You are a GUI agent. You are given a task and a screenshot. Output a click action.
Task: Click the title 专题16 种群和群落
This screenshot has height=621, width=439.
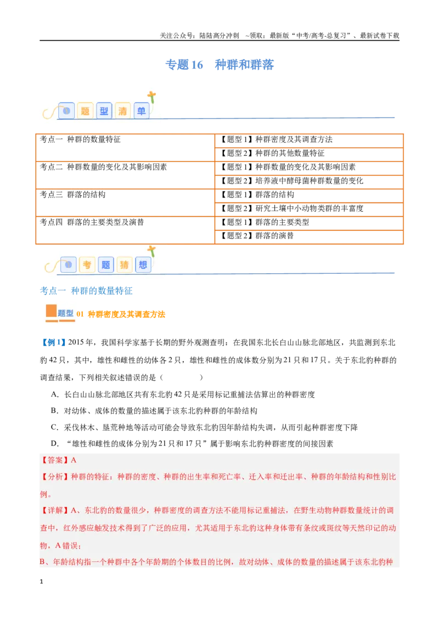pos(219,65)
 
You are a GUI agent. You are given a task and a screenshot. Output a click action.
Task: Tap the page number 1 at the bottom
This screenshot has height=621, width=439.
pos(41,582)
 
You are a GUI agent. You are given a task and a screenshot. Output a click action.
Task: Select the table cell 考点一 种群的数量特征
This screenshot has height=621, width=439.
pos(125,148)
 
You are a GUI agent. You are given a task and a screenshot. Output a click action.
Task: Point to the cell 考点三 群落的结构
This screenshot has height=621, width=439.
pos(125,202)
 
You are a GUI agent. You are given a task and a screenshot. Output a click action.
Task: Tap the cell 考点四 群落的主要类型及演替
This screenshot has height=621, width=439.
pos(125,230)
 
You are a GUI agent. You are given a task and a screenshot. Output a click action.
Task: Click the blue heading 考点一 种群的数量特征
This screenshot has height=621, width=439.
pos(86,291)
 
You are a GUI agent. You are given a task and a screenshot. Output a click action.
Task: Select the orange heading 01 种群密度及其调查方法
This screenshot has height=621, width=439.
pos(121,314)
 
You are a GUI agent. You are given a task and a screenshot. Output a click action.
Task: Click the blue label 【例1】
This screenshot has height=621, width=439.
pos(53,342)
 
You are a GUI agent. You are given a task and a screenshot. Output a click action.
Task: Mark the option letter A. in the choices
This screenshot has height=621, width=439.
pos(55,394)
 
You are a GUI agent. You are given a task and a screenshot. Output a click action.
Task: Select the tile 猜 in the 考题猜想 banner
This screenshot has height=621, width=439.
pos(124,264)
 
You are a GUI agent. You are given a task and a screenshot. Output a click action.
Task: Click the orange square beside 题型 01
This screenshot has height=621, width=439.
pos(51,311)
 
